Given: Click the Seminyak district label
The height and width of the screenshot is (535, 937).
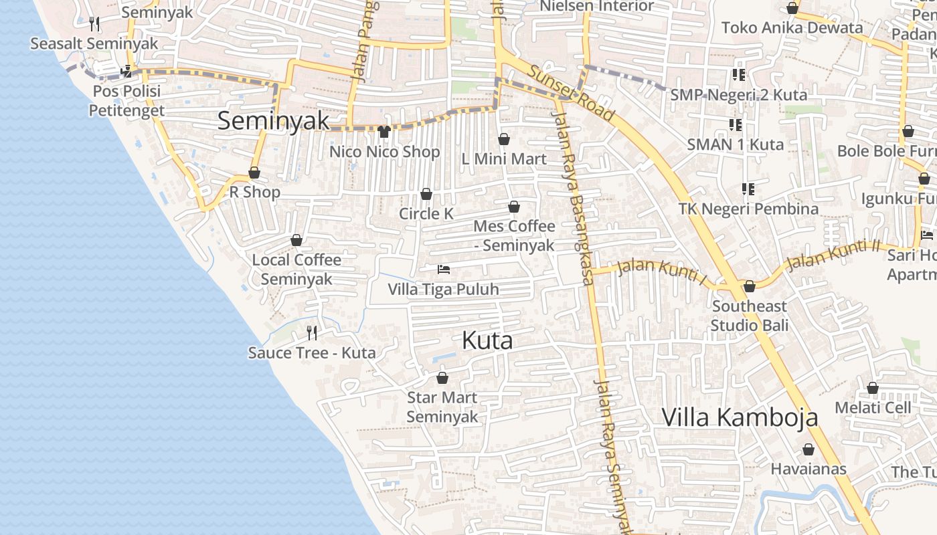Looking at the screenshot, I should click(x=274, y=120).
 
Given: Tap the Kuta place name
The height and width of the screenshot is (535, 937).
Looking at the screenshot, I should click(x=487, y=340).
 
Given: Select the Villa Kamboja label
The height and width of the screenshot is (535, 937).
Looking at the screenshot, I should click(x=740, y=417).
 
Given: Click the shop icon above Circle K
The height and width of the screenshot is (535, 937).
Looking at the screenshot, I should click(x=426, y=194).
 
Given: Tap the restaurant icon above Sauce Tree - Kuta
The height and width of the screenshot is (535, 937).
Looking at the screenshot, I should click(x=311, y=332).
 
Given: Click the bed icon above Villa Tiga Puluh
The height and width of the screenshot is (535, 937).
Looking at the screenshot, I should click(x=443, y=270).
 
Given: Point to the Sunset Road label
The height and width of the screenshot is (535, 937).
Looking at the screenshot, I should click(x=570, y=94).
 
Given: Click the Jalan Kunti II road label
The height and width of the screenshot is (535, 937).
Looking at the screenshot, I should click(x=833, y=255).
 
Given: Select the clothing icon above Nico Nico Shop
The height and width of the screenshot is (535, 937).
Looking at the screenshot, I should click(x=384, y=132).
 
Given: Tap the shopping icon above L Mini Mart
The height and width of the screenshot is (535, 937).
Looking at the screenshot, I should click(x=504, y=139).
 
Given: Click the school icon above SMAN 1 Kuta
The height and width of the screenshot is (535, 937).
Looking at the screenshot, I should click(x=736, y=124).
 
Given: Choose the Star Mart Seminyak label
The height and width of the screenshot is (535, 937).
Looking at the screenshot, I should click(x=442, y=407).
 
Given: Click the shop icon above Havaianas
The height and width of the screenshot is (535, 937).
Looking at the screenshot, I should click(x=808, y=449).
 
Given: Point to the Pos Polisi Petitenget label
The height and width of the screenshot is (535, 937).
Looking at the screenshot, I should click(x=126, y=100).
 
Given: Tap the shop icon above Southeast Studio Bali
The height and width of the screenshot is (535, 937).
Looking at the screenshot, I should click(x=750, y=286).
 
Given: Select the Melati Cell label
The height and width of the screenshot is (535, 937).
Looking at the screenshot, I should click(x=873, y=407).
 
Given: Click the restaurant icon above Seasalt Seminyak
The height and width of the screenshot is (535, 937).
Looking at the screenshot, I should click(x=94, y=24).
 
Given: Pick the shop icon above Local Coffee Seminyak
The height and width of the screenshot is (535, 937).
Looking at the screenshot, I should click(x=296, y=240).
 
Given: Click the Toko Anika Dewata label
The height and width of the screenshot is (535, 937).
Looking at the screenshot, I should click(x=792, y=27).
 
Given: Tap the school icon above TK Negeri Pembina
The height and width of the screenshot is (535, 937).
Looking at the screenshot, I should click(x=748, y=189).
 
